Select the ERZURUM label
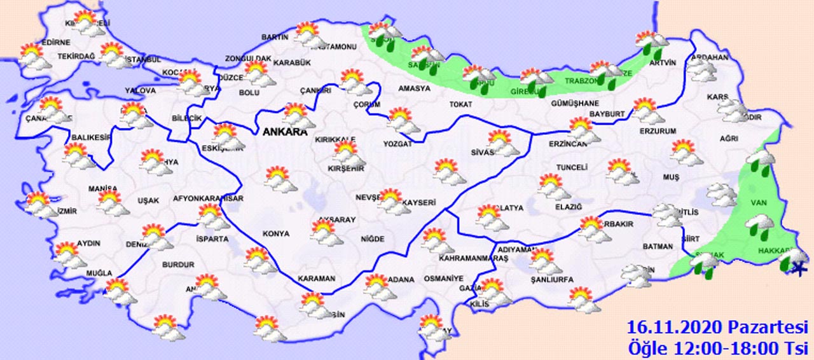click(x=658, y=131)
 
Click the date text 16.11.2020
click(x=675, y=328)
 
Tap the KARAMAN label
click(x=315, y=279)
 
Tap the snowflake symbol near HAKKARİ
click(x=794, y=272)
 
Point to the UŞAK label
click(x=148, y=200)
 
